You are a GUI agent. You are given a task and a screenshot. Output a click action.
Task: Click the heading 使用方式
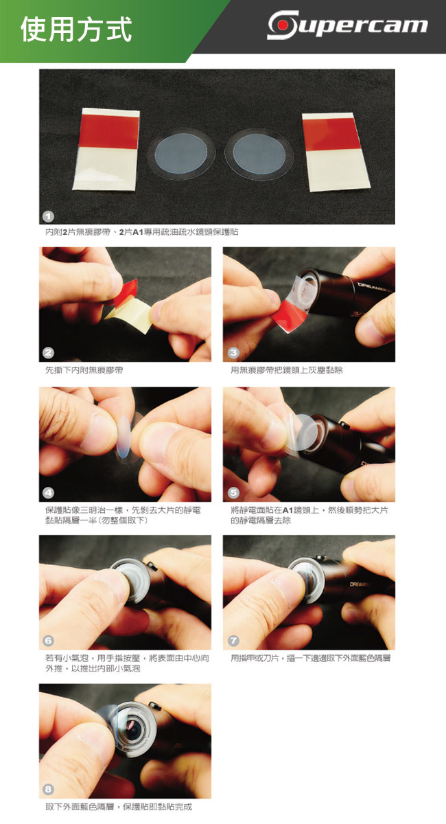76,29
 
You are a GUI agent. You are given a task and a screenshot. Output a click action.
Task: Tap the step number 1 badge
48,216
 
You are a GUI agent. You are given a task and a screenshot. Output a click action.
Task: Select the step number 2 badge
48,353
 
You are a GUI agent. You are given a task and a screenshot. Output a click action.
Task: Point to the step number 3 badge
233,353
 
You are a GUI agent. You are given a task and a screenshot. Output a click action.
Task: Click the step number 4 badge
48,493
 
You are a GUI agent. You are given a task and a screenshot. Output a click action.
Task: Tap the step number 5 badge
233,493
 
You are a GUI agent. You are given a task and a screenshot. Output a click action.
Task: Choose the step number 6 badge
48,641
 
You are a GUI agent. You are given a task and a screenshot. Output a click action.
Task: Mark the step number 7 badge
233,641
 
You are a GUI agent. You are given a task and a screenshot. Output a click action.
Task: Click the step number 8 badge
48,789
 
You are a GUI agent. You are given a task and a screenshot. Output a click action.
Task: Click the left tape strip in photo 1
106,150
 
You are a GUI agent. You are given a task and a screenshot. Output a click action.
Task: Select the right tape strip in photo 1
336,152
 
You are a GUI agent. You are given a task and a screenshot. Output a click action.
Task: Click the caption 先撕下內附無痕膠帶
84,370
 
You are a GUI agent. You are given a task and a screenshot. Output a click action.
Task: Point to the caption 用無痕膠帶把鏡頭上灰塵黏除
287,370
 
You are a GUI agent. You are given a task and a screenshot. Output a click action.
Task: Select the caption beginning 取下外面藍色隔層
119,807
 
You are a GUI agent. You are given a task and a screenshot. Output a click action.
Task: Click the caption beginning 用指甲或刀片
310,658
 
